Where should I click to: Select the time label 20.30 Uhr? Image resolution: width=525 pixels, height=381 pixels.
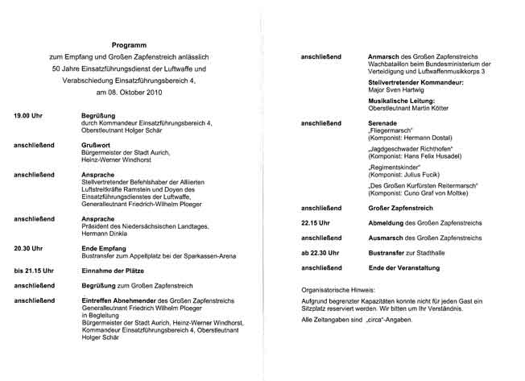(27, 249)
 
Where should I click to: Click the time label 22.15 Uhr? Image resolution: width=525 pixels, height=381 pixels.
(316, 222)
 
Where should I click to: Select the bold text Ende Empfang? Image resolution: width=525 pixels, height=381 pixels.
(105, 249)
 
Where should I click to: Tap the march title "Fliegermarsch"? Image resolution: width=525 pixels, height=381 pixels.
(391, 130)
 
